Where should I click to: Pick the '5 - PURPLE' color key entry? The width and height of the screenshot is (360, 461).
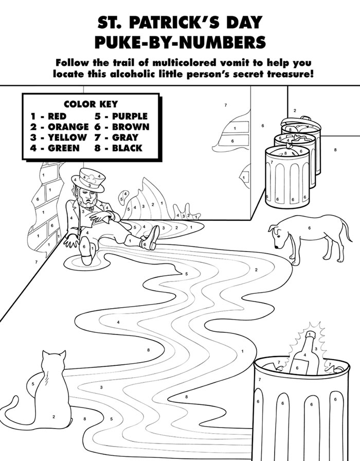pos(121,116)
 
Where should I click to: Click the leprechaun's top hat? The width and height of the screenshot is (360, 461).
pos(91,180)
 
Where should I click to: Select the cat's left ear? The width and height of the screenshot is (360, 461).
pos(45,354)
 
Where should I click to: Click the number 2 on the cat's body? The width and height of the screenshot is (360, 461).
pos(53,416)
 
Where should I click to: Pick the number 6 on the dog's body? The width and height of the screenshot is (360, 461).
pos(309,227)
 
